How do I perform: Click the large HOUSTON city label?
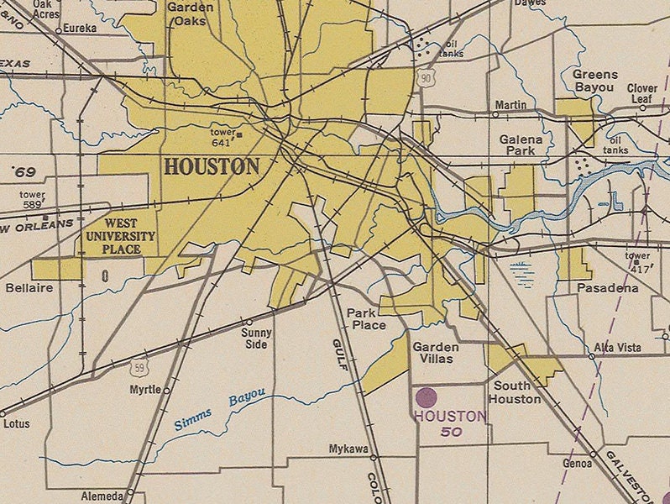coord(212,166)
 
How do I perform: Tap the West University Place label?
coord(120,236)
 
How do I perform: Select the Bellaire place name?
coord(29,288)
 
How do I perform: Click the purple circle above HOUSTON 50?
coord(427,397)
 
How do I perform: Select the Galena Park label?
coord(521,144)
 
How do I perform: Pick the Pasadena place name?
coord(607,288)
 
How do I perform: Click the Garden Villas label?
coord(435,353)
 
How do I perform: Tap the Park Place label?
coord(366,319)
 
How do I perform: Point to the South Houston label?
coord(516,392)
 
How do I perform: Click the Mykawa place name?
coord(348,449)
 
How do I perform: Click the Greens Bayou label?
coord(594,81)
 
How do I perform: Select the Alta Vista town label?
coord(618,347)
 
